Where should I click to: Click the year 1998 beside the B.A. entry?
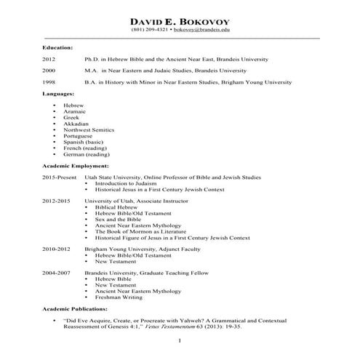point(49,83)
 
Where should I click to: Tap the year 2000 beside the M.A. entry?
point(49,71)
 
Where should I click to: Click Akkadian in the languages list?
point(75,124)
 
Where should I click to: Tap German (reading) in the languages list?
point(86,154)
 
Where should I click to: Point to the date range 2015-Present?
point(59,177)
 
